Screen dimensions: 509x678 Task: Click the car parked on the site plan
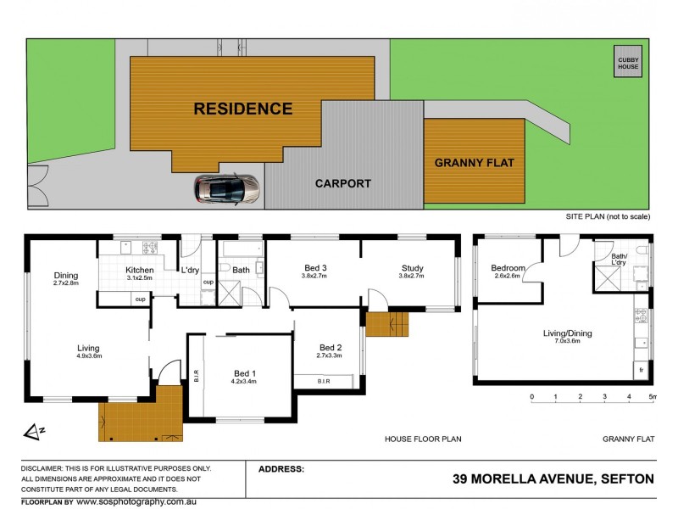click(227, 190)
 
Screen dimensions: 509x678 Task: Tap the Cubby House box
click(628, 64)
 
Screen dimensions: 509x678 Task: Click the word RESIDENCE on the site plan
click(242, 109)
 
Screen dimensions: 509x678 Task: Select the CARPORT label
click(343, 182)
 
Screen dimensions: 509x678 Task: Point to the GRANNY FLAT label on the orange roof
click(474, 162)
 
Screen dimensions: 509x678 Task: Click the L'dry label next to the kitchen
click(190, 270)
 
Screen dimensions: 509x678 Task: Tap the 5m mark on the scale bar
click(652, 396)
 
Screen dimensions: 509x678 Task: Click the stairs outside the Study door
click(387, 324)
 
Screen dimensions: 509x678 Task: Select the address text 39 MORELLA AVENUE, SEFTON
click(553, 479)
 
